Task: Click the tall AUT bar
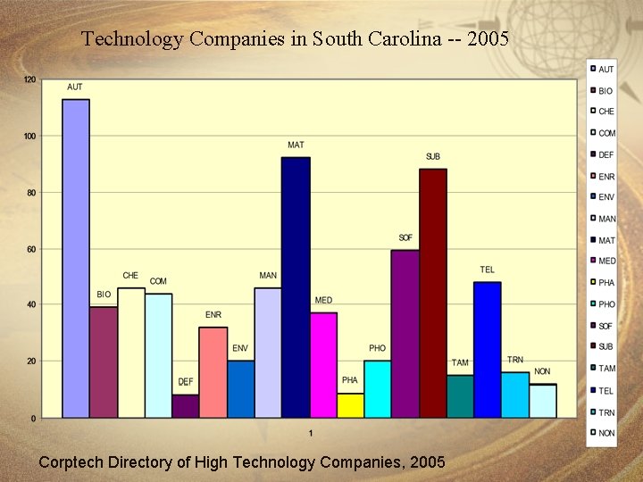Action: click(x=76, y=258)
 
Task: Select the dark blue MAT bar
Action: click(x=296, y=287)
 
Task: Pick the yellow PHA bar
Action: click(x=350, y=405)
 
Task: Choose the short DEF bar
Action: click(x=186, y=406)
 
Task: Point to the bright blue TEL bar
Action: click(x=488, y=349)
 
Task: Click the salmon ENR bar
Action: click(x=213, y=371)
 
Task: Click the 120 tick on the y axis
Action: click(x=29, y=80)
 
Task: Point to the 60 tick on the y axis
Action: click(x=30, y=249)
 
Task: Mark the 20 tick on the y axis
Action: click(x=30, y=361)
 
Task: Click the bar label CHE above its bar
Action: click(x=130, y=276)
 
